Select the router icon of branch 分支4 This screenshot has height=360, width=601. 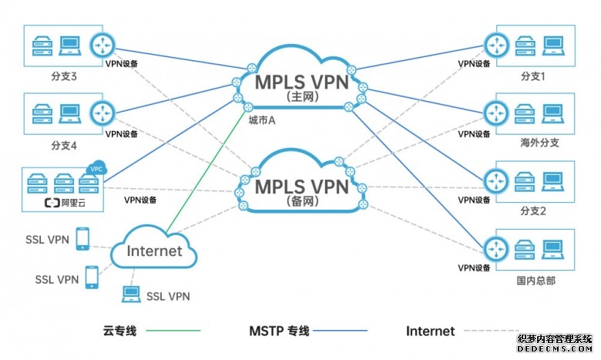pyautogui.click(x=101, y=113)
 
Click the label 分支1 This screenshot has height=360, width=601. pyautogui.click(x=532, y=76)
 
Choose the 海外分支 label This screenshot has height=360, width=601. pyautogui.click(x=538, y=143)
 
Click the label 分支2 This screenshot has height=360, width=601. pyautogui.click(x=532, y=210)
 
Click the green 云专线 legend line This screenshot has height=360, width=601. pyautogui.click(x=173, y=331)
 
